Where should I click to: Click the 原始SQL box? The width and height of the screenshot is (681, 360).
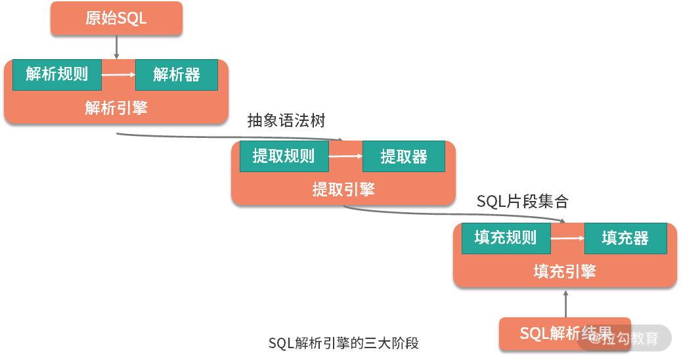pyautogui.click(x=116, y=18)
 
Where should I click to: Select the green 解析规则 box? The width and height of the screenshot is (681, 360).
pyautogui.click(x=57, y=74)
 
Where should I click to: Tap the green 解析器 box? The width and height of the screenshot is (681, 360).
pyautogui.click(x=177, y=74)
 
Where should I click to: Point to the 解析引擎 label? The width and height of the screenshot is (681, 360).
pyautogui.click(x=116, y=108)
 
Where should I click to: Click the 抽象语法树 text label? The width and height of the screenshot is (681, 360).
pyautogui.click(x=286, y=121)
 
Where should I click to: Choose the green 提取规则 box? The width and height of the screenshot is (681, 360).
pyautogui.click(x=284, y=156)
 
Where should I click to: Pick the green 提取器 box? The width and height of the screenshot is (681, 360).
pyautogui.click(x=404, y=156)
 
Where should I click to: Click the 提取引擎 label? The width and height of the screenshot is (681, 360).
pyautogui.click(x=343, y=190)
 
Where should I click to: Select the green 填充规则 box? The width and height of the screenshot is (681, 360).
pyautogui.click(x=506, y=238)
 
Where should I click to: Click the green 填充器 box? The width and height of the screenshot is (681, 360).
pyautogui.click(x=625, y=238)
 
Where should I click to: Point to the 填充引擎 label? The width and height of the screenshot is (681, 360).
pyautogui.click(x=565, y=271)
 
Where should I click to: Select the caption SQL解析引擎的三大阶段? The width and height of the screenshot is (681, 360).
pyautogui.click(x=343, y=344)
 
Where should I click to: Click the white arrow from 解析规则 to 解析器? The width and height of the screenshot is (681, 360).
pyautogui.click(x=118, y=74)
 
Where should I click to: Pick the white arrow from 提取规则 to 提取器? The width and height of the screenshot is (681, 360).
pyautogui.click(x=345, y=156)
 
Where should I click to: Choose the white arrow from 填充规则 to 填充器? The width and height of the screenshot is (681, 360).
pyautogui.click(x=567, y=238)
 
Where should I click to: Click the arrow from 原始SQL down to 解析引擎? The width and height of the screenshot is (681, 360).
pyautogui.click(x=116, y=47)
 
